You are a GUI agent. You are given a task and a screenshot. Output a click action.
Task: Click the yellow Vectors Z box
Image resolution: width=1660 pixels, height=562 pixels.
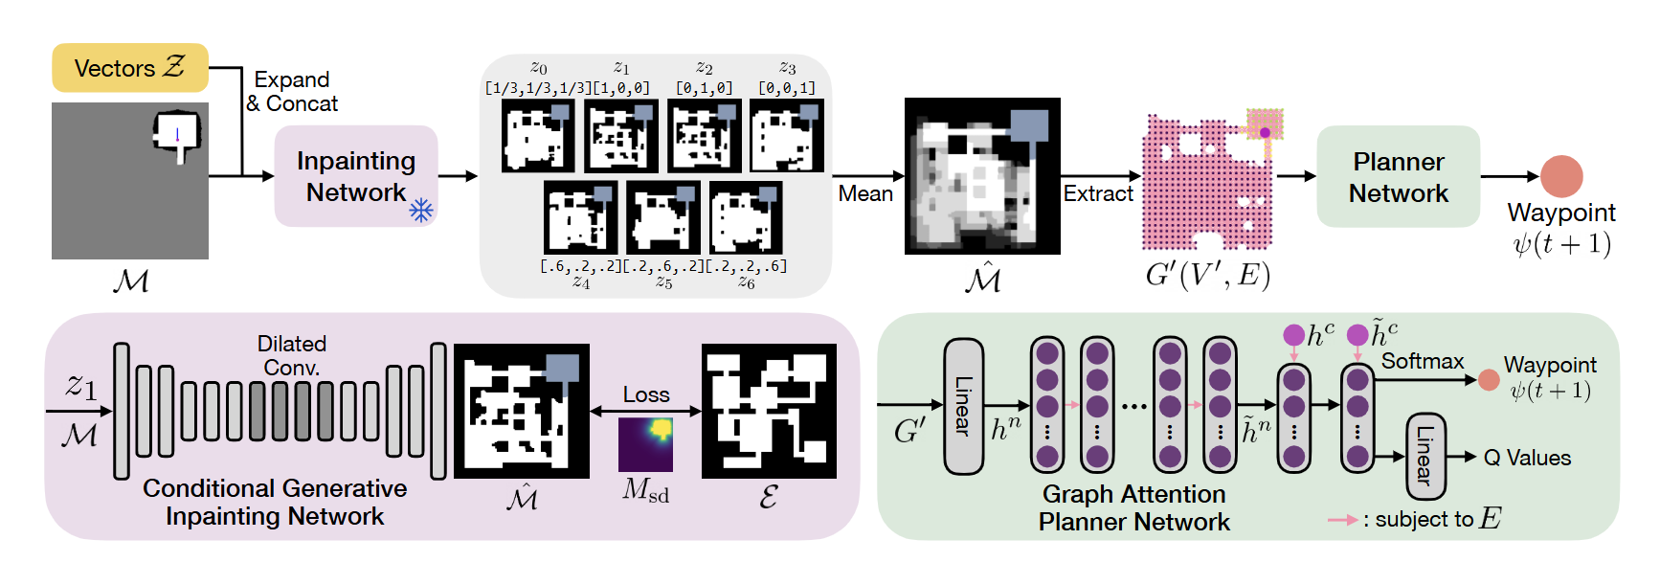tap(129, 68)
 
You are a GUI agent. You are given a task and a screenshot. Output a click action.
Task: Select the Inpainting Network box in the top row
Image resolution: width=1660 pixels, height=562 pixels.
tap(355, 176)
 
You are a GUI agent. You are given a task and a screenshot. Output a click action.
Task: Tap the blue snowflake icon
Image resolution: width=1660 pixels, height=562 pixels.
tap(421, 210)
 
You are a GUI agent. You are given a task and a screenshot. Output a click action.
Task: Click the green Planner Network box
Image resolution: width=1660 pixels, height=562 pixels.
tap(1398, 177)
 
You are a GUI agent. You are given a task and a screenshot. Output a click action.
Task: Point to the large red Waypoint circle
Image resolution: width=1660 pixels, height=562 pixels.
tap(1560, 176)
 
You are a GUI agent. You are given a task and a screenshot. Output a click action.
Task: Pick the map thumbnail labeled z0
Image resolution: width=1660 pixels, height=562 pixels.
tap(538, 136)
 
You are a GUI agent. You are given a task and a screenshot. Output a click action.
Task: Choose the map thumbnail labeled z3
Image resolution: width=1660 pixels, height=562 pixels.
tap(786, 136)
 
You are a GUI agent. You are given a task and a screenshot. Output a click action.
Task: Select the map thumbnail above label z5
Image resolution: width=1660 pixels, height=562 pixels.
tap(662, 217)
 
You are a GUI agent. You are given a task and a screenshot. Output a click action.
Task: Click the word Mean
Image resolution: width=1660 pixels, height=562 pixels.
tap(865, 193)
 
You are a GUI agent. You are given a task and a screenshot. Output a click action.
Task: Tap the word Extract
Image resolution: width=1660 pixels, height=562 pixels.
tap(1098, 193)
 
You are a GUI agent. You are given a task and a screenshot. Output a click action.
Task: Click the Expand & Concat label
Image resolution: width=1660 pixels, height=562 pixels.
tap(292, 92)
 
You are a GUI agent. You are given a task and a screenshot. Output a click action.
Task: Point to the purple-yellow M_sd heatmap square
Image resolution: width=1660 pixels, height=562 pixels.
tap(645, 443)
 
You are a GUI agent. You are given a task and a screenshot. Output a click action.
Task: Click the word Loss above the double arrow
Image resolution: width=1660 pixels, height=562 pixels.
tap(646, 394)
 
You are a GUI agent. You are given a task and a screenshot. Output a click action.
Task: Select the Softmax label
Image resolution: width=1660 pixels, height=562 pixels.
tap(1422, 361)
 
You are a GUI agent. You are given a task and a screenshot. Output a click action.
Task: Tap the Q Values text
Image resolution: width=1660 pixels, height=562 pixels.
tap(1527, 458)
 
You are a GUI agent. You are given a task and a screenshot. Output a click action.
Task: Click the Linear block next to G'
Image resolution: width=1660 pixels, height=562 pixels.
tap(963, 406)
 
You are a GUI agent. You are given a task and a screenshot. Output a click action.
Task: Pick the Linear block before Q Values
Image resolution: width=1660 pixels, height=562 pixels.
tap(1424, 456)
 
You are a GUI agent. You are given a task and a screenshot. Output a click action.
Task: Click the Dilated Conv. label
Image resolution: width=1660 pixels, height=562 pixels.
tap(292, 355)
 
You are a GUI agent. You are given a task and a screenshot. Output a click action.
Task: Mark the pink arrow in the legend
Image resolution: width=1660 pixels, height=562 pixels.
tap(1342, 520)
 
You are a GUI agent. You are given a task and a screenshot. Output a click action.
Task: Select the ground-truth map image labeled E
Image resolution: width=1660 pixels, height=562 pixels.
tap(769, 411)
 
